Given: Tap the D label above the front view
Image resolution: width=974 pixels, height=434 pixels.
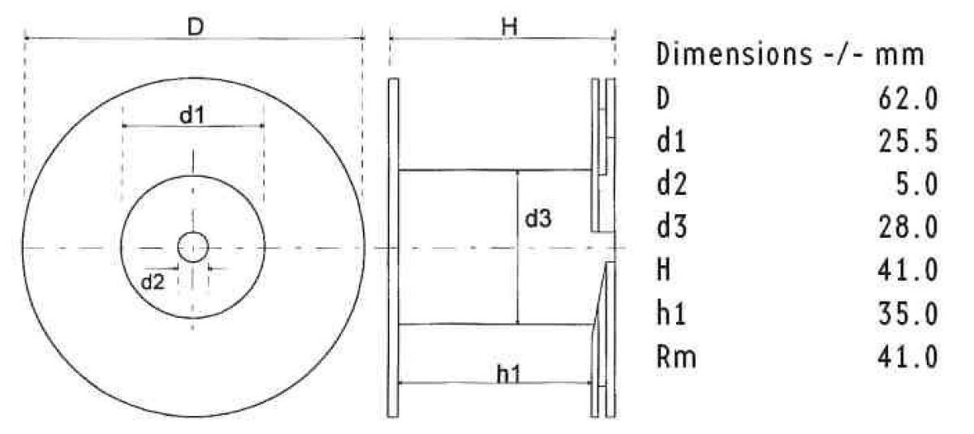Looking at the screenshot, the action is pos(196,28).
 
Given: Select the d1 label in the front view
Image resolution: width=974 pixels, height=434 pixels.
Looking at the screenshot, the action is pos(192,115).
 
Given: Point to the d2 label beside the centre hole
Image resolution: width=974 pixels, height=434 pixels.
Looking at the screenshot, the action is pos(153,282).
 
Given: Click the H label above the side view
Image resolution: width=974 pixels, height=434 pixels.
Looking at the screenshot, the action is pos(510,27).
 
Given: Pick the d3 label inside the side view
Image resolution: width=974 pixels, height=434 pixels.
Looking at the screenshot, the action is pos(538,218).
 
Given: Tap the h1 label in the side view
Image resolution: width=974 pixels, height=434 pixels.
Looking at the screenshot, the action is pos(508,375).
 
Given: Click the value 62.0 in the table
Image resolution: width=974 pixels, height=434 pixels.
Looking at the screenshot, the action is pos(907,100).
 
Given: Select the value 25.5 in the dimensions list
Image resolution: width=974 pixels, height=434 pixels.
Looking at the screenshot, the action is pos(907,142).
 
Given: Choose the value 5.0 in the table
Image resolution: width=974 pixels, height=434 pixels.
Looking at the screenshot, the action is pos(916,185).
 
